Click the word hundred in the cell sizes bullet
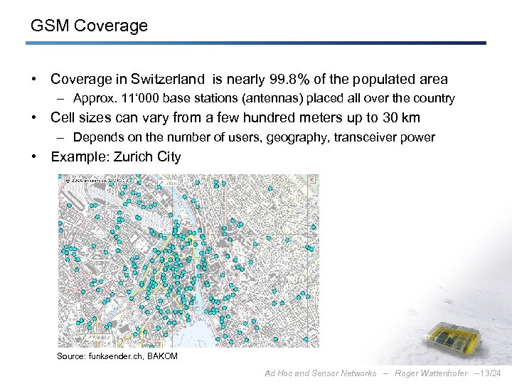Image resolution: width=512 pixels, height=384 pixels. point(250,117)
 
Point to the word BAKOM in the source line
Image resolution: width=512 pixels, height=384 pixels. point(162,356)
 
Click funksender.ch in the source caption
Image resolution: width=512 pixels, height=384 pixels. point(114,356)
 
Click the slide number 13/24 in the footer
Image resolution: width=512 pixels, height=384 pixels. point(489,373)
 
